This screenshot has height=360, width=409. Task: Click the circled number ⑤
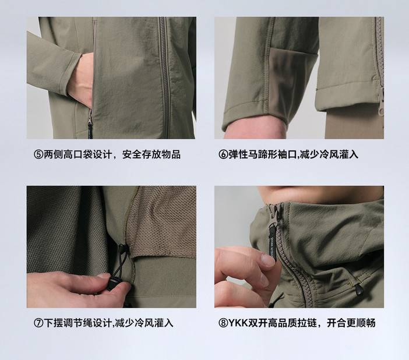pos(38,154)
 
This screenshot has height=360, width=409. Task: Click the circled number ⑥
pos(223,154)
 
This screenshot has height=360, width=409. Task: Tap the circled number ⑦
pos(38,323)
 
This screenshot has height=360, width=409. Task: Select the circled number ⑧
pos(223,323)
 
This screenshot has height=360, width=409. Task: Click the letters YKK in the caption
pos(238,323)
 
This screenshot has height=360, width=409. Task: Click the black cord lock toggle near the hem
pos(113,284)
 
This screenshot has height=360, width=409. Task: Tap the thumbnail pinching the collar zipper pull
pos(267,260)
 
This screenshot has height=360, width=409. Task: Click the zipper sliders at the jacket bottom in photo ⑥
pos(382,103)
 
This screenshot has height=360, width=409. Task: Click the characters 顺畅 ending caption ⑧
pos(366,323)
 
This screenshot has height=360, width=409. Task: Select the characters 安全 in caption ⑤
pos(132,154)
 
